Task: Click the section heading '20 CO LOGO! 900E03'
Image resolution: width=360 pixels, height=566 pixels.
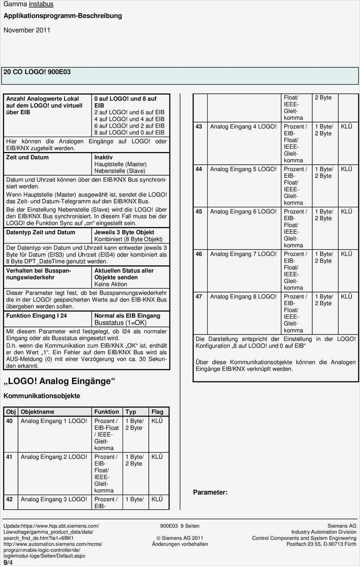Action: pos(37,72)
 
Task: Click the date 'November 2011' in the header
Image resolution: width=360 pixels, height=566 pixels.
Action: pos(27,30)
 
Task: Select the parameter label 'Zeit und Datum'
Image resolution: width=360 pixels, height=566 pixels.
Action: pos(27,157)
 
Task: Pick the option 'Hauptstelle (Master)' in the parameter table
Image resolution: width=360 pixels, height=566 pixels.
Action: pos(120,164)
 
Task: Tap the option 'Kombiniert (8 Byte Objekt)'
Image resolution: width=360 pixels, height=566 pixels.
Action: pos(128,239)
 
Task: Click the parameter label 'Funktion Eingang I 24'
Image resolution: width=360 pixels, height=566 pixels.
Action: pos(36,316)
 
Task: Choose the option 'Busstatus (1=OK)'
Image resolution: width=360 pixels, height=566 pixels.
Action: pos(120,323)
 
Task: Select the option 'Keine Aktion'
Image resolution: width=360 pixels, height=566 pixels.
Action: pos(111,284)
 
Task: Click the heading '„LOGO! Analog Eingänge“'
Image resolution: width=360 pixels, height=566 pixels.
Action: pos(59,381)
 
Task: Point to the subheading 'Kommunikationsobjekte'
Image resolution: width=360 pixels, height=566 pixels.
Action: pos(42,396)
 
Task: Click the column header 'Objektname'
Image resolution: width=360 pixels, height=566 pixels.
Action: pos(37,412)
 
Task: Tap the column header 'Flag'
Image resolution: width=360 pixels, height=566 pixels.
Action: pos(157,412)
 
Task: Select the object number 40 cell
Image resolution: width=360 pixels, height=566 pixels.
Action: pos(9,421)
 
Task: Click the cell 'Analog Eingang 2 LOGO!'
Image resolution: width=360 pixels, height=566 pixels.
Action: pos(54,457)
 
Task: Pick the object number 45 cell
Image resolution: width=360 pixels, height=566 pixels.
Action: pos(199,212)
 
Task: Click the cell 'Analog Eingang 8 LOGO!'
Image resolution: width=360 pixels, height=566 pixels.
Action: pos(243,297)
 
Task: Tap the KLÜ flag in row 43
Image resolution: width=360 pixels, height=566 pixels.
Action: pos(346,126)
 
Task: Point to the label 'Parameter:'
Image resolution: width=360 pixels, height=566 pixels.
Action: pos(210,492)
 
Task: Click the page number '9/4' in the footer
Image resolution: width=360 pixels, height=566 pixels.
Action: pos(8,562)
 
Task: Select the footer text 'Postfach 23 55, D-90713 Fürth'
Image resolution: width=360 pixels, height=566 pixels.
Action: pos(321,544)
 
